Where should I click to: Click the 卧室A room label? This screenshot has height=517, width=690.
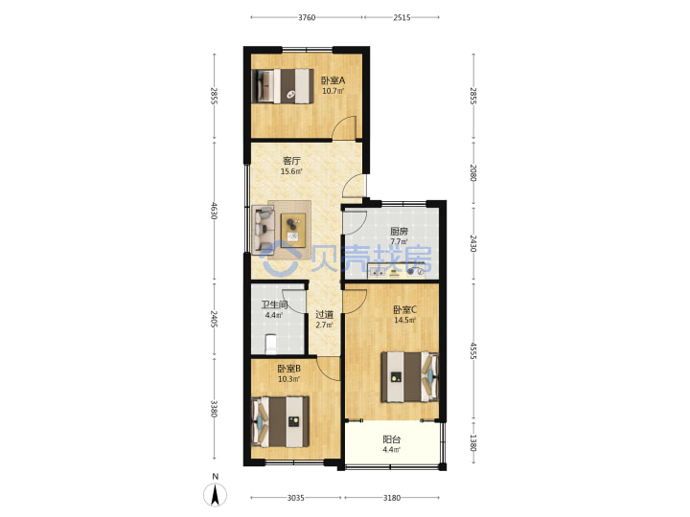click(333, 80)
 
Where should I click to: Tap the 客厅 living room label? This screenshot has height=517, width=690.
click(291, 161)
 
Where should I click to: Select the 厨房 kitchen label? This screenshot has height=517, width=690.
click(399, 231)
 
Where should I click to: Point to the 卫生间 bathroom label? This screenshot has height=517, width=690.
click(274, 304)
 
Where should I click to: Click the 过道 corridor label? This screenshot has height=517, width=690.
click(324, 314)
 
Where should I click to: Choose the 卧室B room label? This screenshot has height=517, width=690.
click(288, 369)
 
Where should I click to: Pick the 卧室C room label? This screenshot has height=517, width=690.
click(404, 309)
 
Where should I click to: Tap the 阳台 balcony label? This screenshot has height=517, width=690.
click(391, 439)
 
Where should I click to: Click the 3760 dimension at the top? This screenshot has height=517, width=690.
click(307, 17)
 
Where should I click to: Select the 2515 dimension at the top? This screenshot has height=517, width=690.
click(402, 17)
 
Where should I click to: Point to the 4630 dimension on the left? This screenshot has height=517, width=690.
click(215, 211)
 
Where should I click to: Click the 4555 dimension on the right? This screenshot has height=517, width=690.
click(473, 350)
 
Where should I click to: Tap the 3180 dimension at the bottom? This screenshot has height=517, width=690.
click(392, 498)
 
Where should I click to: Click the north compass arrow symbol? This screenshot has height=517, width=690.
click(216, 495)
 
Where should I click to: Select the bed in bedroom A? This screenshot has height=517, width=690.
click(283, 86)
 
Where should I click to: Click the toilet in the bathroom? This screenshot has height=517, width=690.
click(271, 345)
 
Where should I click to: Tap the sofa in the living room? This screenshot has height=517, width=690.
click(264, 229)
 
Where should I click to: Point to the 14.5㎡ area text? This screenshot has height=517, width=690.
click(404, 320)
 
